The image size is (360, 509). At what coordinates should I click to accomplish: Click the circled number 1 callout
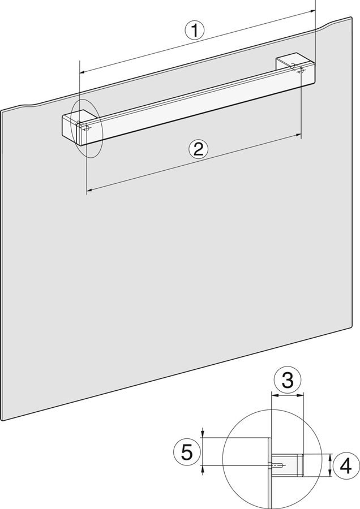(195, 30)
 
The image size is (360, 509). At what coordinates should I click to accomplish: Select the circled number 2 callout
(198, 149)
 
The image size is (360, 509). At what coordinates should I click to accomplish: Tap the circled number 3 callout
(287, 380)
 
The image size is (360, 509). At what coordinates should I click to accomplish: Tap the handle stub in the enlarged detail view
(287, 465)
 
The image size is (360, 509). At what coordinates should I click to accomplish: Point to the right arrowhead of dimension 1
(312, 11)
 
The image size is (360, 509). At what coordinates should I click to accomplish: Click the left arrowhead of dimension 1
(83, 71)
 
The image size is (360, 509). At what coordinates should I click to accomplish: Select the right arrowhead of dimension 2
(297, 135)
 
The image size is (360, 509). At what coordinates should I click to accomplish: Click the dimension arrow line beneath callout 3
(287, 395)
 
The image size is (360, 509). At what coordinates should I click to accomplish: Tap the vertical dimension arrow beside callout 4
(330, 465)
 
